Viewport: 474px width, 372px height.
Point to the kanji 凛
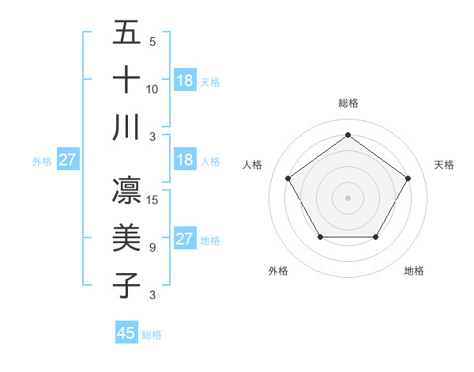[126, 190]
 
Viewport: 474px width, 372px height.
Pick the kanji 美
[126, 237]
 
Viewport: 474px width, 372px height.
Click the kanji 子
[126, 285]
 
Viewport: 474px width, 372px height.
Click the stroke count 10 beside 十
[152, 89]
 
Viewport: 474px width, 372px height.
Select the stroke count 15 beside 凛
[152, 200]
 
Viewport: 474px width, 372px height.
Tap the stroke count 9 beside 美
[152, 248]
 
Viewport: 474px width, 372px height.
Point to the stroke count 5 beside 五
[152, 42]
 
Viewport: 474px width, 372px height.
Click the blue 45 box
[126, 333]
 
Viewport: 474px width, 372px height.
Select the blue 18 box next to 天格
[184, 80]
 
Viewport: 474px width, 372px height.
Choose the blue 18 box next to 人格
[184, 159]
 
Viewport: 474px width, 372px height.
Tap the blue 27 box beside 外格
[67, 160]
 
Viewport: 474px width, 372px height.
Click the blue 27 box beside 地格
[184, 239]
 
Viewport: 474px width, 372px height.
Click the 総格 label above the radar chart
[348, 103]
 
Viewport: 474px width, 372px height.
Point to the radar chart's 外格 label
[278, 271]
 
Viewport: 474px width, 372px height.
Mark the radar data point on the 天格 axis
[408, 178]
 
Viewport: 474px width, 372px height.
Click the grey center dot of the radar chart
[348, 197]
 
